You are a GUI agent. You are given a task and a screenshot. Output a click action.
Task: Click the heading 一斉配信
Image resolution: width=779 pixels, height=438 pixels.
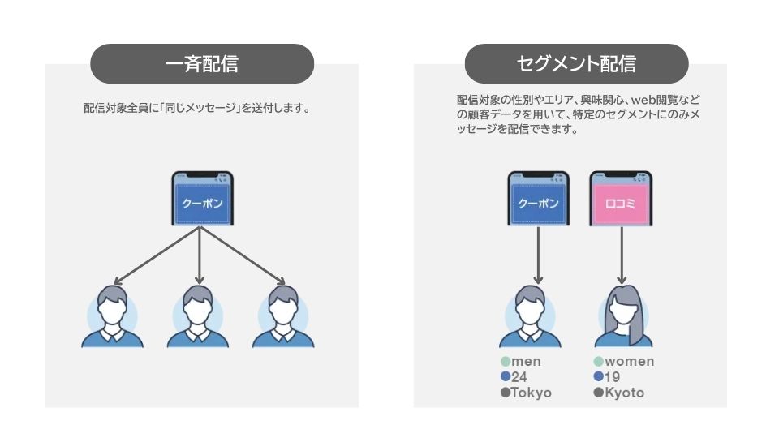tap(201, 64)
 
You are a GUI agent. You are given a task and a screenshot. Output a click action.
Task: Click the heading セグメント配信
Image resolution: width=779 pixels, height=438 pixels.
tap(576, 64)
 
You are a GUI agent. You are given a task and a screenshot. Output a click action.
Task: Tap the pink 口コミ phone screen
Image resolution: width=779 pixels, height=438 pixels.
tap(622, 201)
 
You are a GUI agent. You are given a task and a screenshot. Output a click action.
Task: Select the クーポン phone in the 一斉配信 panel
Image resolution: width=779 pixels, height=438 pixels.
tap(202, 201)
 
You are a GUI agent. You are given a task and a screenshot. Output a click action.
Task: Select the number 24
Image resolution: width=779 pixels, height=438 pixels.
tap(520, 377)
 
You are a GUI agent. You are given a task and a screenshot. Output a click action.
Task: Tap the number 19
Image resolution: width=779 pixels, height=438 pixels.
tap(613, 377)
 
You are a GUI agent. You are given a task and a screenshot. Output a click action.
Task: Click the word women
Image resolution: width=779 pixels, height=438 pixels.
tap(630, 362)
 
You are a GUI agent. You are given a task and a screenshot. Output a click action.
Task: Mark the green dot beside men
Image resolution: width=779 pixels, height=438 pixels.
tap(506, 362)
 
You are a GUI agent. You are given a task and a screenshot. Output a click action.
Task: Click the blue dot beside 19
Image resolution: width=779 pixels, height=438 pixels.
tap(599, 377)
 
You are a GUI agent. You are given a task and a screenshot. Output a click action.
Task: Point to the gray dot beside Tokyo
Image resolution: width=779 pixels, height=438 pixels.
tap(506, 393)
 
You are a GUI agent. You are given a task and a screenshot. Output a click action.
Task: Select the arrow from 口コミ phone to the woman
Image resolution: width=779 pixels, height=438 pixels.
tap(622, 255)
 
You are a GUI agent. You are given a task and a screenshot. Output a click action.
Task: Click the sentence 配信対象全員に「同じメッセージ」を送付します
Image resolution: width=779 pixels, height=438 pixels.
tap(197, 108)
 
